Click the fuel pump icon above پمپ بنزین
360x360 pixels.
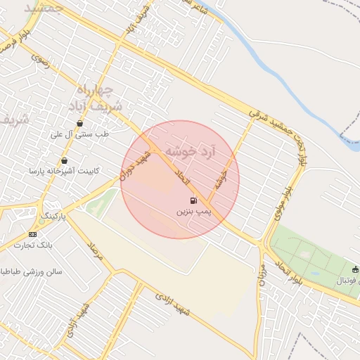[193, 200]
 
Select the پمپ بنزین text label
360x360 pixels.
[192, 211]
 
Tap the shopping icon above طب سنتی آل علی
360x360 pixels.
[79, 123]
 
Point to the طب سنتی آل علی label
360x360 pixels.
[78, 134]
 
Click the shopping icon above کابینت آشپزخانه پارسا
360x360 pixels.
[65, 160]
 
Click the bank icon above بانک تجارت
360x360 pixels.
[32, 233]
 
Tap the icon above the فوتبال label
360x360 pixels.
[355, 269]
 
